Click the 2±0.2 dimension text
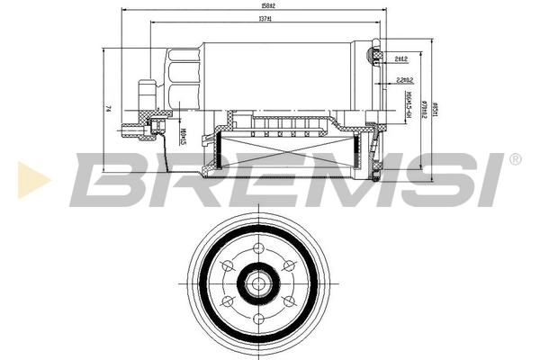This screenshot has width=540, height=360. [401, 59]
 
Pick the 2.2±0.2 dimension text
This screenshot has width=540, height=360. [404, 80]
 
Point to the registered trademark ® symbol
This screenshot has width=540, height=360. [514, 160]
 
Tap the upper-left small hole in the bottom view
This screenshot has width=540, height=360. [225, 266]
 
